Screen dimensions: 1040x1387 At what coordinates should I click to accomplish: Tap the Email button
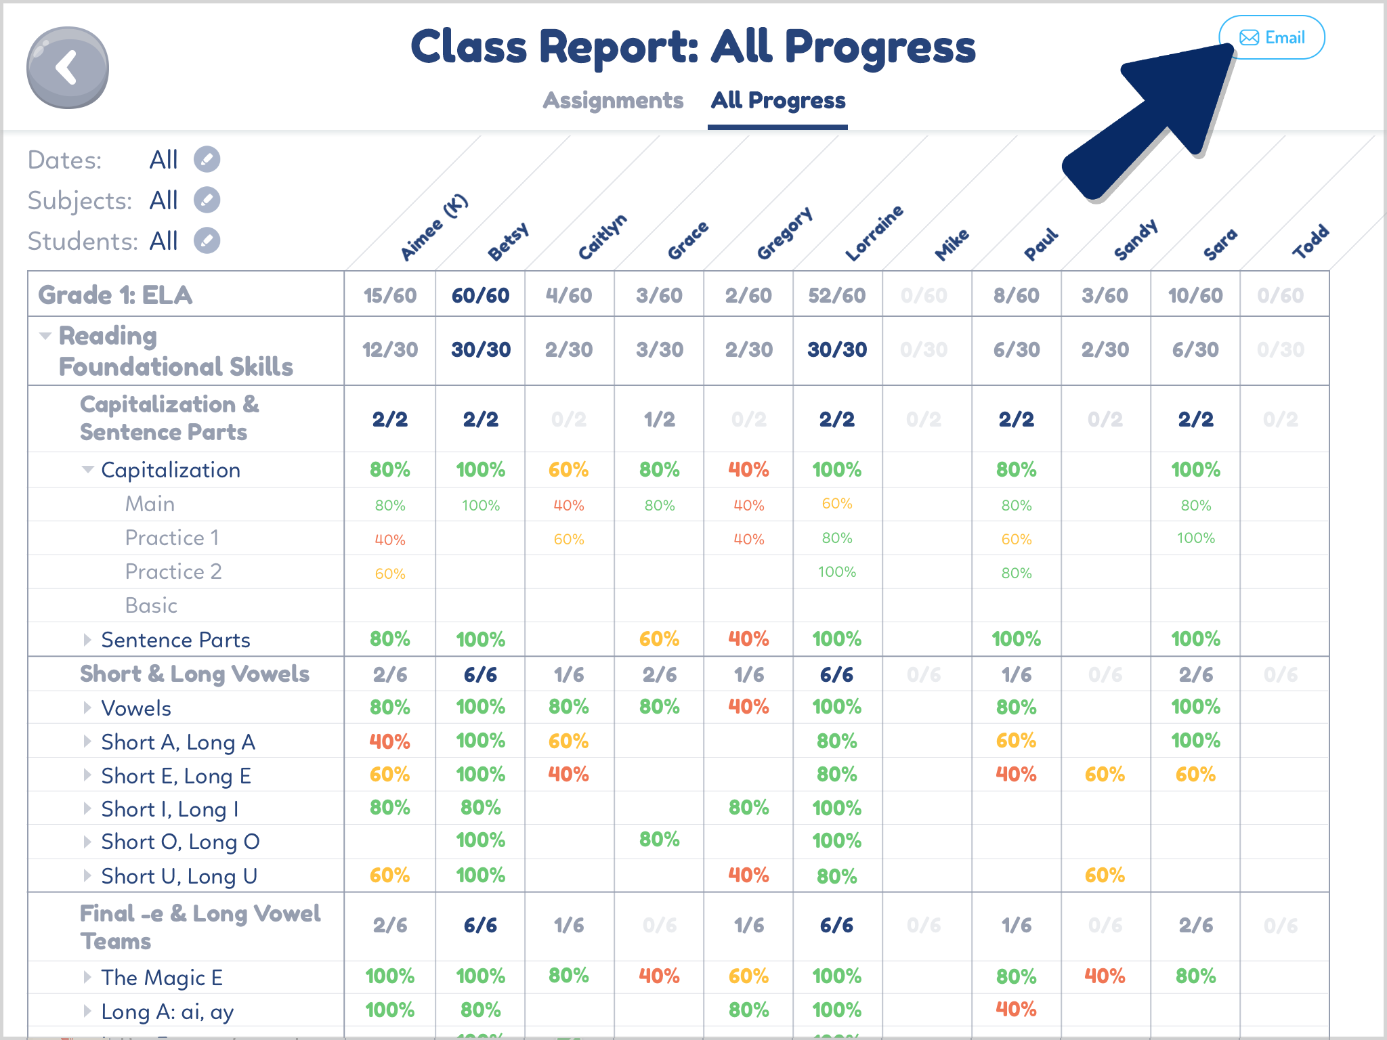(1271, 38)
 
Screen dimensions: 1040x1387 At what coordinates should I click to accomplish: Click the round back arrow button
(68, 68)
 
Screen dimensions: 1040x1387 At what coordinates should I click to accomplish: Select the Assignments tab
(613, 100)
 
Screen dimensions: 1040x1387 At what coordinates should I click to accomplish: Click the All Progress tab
(777, 100)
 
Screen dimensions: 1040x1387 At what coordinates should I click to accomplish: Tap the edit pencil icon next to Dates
(207, 160)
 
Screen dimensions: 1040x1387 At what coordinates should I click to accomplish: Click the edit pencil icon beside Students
(207, 241)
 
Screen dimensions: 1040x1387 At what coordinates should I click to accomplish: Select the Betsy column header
(508, 242)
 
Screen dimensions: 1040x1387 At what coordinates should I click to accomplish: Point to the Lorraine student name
(874, 233)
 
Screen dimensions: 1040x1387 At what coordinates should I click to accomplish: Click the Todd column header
(1310, 242)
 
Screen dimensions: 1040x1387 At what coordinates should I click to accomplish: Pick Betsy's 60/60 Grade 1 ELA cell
(480, 295)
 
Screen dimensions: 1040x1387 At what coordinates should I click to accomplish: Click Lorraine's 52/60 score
(837, 295)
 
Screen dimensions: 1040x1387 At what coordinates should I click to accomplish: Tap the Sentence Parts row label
(175, 640)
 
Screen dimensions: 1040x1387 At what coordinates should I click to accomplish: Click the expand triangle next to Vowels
(87, 708)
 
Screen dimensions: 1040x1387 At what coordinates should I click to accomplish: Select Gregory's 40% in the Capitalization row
(748, 470)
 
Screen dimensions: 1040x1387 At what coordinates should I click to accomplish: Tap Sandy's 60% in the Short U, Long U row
(1105, 875)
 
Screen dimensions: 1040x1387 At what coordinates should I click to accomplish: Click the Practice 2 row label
(173, 571)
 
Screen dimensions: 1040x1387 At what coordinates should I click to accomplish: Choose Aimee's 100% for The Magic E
(390, 976)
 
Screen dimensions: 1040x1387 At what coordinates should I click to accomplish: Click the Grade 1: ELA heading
(115, 295)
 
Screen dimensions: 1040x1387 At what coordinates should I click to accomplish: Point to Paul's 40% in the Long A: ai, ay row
(1016, 1010)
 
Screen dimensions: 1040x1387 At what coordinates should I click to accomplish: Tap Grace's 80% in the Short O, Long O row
(659, 840)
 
